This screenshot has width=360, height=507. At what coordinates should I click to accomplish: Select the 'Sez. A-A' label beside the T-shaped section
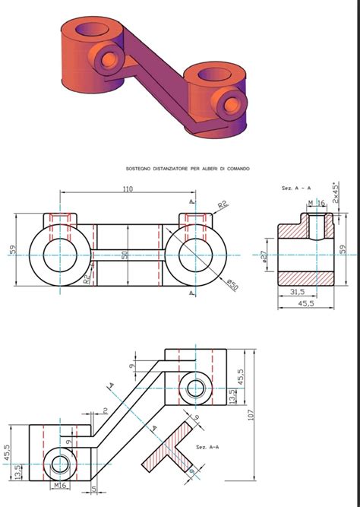[x=207, y=447]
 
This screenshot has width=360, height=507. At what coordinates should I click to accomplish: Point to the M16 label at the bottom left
[x=62, y=484]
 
